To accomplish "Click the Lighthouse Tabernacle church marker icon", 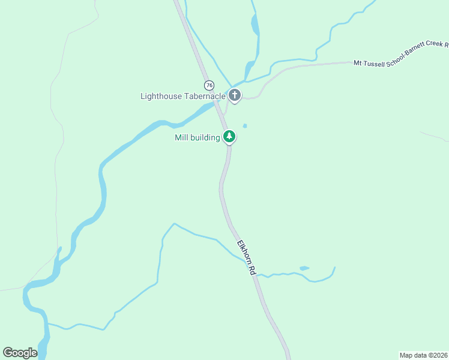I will click(x=234, y=95).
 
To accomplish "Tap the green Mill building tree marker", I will click(x=229, y=137).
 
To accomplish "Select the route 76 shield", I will click(x=208, y=85).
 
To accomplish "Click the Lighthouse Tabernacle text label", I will click(x=182, y=96).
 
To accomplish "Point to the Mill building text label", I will click(x=197, y=137).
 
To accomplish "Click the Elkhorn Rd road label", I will click(x=246, y=258).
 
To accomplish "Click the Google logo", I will click(x=20, y=353).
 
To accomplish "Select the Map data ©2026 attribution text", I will click(x=423, y=355).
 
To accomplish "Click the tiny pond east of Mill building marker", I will click(x=244, y=126).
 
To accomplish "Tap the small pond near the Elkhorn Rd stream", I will click(x=304, y=268).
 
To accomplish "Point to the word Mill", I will click(x=181, y=137).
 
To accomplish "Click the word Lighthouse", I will click(x=160, y=96).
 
